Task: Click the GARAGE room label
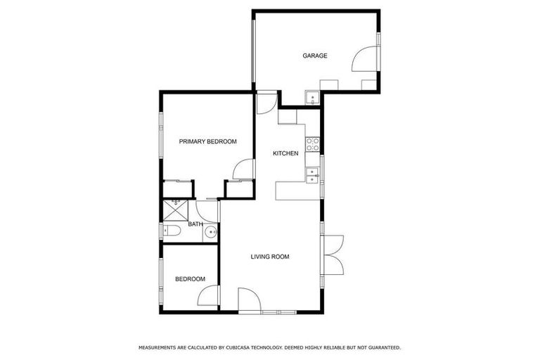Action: (x=315, y=56)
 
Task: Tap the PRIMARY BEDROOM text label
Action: (x=207, y=141)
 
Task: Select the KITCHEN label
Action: (x=285, y=153)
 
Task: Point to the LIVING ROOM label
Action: (x=270, y=257)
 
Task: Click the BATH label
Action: (x=195, y=224)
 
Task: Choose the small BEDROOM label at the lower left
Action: (x=190, y=279)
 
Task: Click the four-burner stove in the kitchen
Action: (x=313, y=145)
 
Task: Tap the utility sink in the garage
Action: (x=312, y=97)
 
